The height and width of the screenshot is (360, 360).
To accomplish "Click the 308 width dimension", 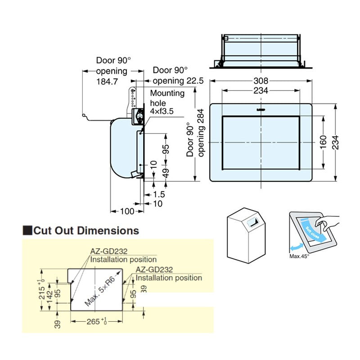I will [261, 81].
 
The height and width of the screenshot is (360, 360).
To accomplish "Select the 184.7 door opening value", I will [107, 81].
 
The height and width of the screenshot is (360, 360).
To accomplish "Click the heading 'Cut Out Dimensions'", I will [86, 231].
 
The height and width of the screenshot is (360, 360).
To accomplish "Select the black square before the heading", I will [27, 231].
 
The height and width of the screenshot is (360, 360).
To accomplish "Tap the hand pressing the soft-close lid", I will [326, 222].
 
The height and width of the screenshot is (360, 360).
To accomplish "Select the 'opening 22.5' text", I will [178, 81].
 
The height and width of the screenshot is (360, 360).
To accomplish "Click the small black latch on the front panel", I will [261, 109].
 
